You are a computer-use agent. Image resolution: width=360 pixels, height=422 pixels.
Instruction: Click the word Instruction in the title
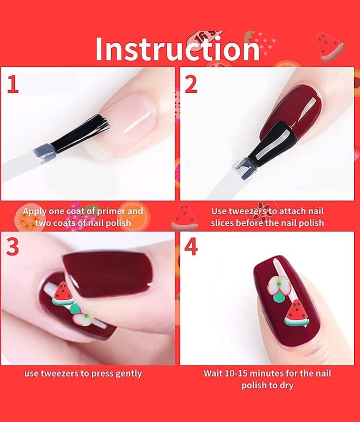[x=178, y=49]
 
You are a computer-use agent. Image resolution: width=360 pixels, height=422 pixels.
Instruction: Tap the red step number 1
[x=13, y=84]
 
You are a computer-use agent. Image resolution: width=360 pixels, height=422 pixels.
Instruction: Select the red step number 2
[x=191, y=84]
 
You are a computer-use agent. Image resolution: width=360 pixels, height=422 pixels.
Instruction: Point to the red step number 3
[x=12, y=246]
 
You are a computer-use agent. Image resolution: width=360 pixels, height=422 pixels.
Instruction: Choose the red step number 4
[x=191, y=246]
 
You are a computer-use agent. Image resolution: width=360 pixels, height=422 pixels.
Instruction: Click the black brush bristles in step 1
[x=81, y=132]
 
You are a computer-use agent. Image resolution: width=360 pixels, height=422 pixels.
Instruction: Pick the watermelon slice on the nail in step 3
[x=62, y=294]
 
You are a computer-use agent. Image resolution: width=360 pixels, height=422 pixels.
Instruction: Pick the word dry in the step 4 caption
[x=285, y=386]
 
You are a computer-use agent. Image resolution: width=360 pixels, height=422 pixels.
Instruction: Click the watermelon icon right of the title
[x=330, y=46]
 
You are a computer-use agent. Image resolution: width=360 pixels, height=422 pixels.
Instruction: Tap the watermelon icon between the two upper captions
[x=184, y=217]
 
